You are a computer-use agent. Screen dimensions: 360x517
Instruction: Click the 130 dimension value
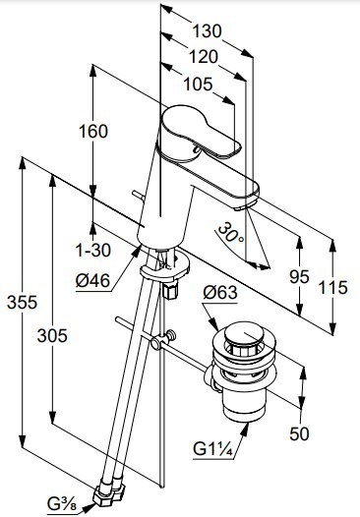(x=207, y=31)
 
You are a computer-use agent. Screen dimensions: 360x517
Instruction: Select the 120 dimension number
(x=204, y=57)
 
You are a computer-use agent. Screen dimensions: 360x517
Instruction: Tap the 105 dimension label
(x=198, y=85)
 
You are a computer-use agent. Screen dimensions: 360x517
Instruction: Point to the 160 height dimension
(x=93, y=132)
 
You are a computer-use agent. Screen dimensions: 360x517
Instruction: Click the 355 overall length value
(x=22, y=303)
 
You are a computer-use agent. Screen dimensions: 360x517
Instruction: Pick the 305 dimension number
(x=52, y=336)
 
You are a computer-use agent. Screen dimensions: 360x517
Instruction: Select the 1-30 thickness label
(x=93, y=251)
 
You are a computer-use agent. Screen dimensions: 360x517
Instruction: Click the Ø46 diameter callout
(x=92, y=281)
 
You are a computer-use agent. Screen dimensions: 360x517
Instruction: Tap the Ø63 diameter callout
(x=220, y=293)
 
